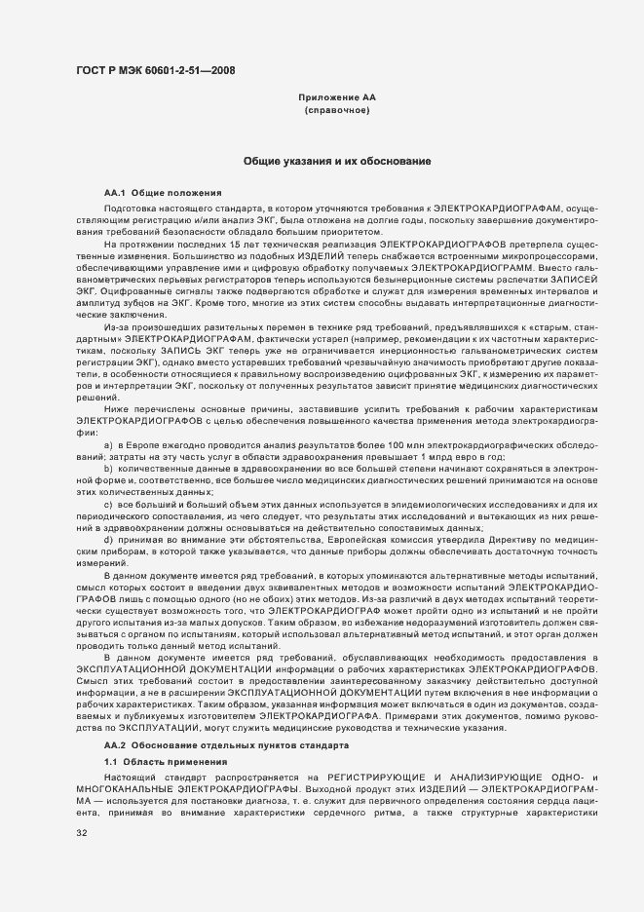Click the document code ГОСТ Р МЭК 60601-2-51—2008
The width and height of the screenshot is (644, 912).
point(155,70)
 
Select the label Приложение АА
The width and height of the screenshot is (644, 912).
point(336,99)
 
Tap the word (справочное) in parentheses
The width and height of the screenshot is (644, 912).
point(336,111)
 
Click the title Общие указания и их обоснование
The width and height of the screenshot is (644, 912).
point(337,160)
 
